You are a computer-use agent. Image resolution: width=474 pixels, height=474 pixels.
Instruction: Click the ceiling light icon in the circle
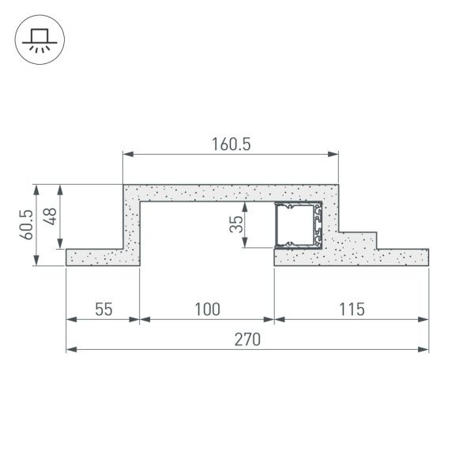coord(36,39)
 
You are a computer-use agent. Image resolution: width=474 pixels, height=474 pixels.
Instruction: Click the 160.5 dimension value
coord(231,144)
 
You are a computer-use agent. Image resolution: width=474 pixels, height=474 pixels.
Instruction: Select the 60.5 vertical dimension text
coord(26,224)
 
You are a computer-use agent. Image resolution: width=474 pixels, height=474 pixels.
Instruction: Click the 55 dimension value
coord(103,309)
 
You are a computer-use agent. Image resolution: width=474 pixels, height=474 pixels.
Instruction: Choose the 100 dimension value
coord(207,309)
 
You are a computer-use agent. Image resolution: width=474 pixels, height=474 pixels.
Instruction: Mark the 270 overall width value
coord(246,340)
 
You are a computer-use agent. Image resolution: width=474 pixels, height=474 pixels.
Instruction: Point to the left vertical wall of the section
coord(131,225)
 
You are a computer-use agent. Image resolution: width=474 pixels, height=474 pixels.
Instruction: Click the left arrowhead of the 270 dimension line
coord(70,348)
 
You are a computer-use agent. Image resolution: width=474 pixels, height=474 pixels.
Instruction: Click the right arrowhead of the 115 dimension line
coord(424,319)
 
